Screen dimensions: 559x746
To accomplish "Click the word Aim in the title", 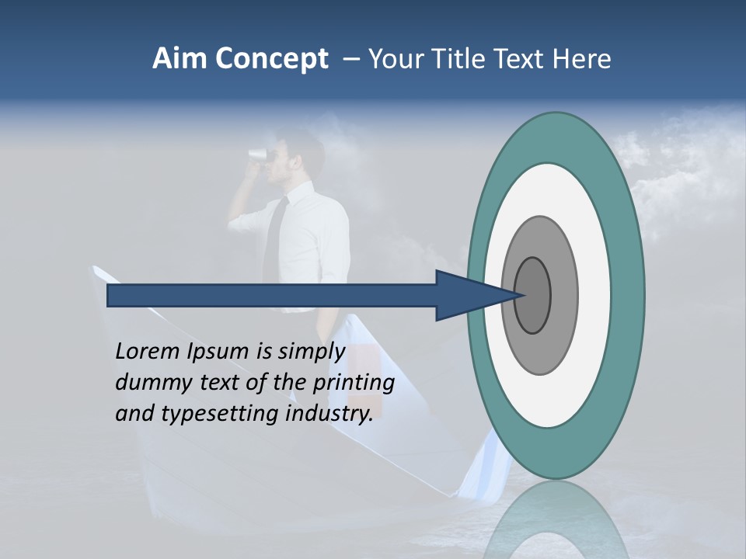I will pos(179,59).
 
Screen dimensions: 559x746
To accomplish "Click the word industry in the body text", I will pos(329,414).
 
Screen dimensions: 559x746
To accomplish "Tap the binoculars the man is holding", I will pos(256,154).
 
